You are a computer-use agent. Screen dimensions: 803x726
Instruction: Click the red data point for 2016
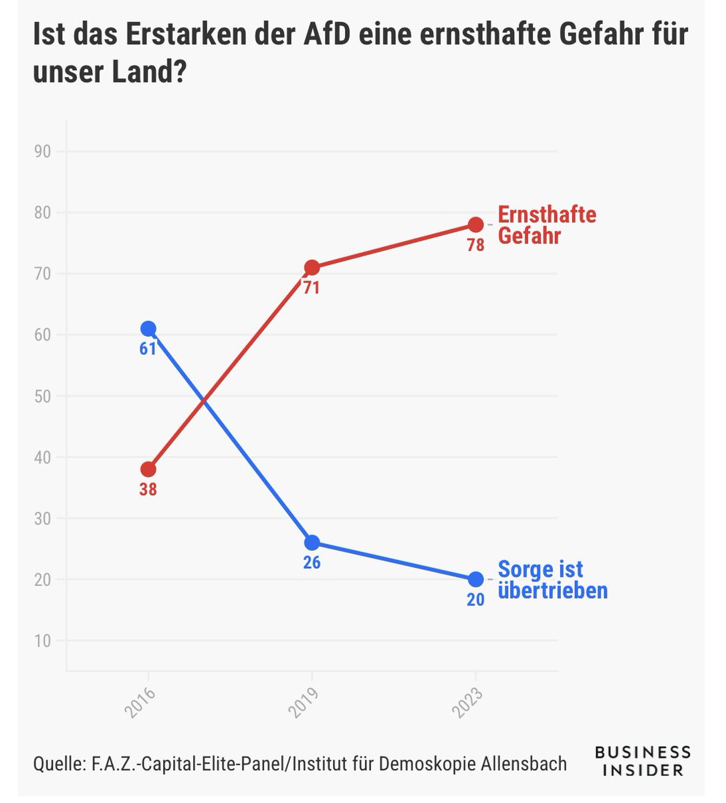148,469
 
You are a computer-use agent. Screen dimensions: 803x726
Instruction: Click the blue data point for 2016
148,329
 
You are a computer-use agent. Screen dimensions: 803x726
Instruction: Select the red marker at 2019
312,268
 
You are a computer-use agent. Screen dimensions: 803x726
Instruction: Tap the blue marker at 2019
312,542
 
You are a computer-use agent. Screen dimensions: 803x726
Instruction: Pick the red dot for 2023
475,224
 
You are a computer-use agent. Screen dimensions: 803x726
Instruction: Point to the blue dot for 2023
475,579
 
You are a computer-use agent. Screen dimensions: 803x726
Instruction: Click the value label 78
475,246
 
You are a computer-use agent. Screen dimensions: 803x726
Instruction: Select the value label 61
148,349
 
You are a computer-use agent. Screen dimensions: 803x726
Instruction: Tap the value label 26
312,563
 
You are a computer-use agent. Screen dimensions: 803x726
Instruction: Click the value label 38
148,490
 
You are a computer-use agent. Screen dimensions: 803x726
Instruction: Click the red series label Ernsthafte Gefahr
546,226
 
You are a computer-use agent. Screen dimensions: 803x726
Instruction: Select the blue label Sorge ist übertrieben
552,580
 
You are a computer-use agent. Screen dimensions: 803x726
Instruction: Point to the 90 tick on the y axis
43,152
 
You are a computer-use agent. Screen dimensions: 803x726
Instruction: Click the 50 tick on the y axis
43,396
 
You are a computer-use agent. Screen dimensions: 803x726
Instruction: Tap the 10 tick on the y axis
43,640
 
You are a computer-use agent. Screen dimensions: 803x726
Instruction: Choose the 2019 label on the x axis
304,701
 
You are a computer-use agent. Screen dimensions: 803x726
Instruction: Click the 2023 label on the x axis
467,701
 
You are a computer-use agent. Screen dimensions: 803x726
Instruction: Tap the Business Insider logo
642,762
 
